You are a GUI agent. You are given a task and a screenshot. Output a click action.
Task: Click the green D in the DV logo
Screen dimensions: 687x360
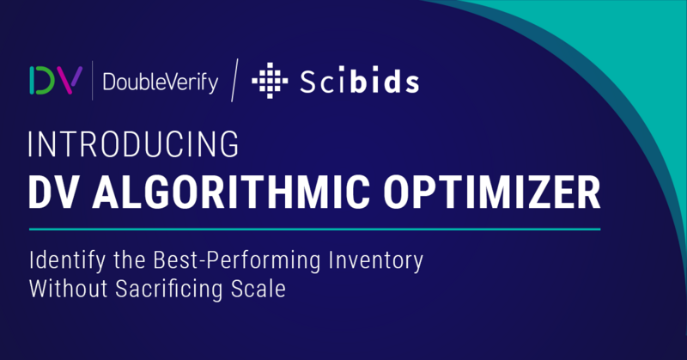[x=42, y=80]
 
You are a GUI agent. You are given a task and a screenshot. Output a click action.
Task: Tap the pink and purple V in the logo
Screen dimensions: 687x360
[x=69, y=80]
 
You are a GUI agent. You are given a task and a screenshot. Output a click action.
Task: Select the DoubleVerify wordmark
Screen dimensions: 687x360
[x=161, y=82]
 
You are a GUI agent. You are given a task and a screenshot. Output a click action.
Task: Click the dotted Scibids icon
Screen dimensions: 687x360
[x=270, y=80]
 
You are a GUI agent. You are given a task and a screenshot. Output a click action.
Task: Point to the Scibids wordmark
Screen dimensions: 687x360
[x=359, y=81]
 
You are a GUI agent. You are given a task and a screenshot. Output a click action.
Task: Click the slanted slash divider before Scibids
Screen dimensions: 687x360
[x=234, y=80]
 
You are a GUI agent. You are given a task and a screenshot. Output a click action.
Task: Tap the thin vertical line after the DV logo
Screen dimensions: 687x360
[x=92, y=81]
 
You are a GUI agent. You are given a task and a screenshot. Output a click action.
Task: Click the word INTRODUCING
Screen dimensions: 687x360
[x=134, y=144]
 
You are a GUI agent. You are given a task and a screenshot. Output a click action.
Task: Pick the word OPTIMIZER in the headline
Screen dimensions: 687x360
[x=491, y=192]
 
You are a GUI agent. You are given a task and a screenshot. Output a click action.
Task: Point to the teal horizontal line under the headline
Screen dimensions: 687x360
[x=314, y=229]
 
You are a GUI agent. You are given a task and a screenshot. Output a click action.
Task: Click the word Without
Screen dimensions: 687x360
[x=69, y=289]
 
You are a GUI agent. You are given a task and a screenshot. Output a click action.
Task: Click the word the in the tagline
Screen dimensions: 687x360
[x=130, y=260]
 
